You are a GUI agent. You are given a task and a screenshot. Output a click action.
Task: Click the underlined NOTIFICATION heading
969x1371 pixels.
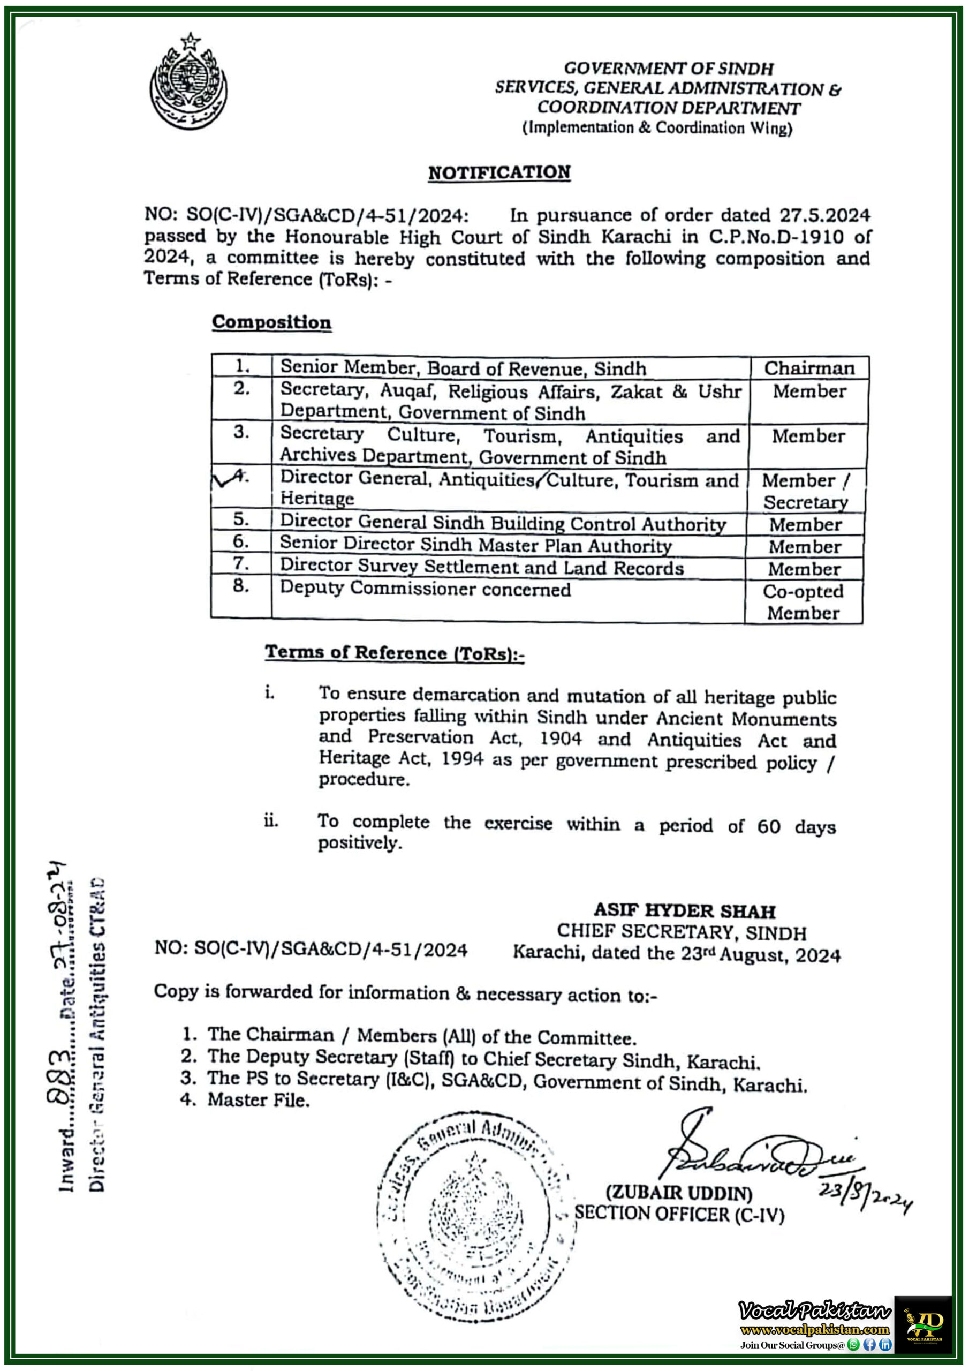[x=499, y=172]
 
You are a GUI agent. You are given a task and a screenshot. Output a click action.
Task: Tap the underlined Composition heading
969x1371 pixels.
[x=271, y=322]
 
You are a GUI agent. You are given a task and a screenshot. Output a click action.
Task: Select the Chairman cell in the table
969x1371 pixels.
[x=808, y=368]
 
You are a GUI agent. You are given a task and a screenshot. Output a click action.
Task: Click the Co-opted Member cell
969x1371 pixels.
[x=803, y=602]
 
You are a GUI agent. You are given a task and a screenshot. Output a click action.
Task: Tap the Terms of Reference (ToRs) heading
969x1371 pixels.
[x=395, y=653]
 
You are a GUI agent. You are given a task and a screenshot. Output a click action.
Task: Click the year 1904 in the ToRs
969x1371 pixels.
[x=560, y=739]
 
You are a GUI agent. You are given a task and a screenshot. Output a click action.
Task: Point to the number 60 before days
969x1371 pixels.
[x=768, y=826]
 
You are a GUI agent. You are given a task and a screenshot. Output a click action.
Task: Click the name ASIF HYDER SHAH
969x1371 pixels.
[x=684, y=910]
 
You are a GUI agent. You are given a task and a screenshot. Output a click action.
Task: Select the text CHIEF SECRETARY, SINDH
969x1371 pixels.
[x=681, y=932]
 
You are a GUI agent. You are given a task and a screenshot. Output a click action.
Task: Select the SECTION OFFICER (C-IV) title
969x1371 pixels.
[x=679, y=1214]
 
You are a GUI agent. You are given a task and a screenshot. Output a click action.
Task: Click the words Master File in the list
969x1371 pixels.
[x=259, y=1100]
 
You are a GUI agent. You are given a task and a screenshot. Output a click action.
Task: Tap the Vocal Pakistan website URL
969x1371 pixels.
[x=814, y=1329]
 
